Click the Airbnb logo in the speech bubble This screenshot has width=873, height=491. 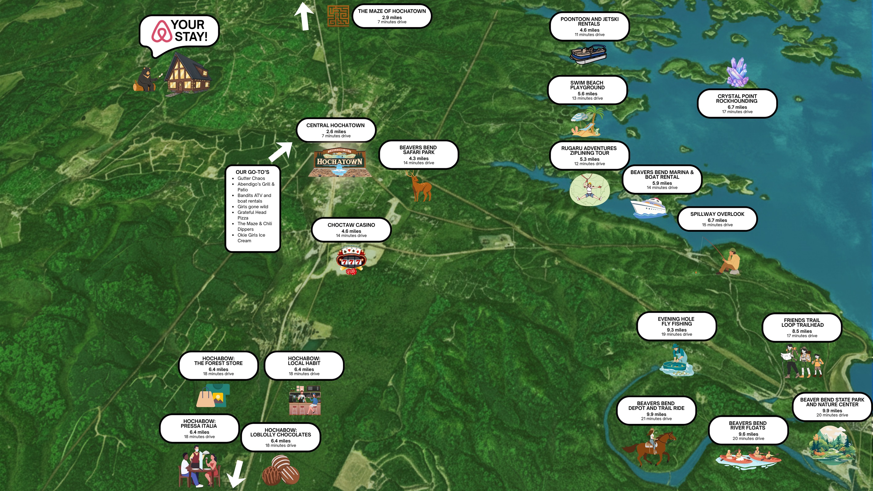pos(162,31)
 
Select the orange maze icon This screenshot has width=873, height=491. pos(338,16)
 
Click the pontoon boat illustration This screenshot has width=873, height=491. pos(588,54)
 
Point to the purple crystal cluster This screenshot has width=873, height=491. pos(737,72)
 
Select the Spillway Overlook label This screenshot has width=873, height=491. pos(717,219)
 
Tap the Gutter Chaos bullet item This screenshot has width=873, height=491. pos(251,178)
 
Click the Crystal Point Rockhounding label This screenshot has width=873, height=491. pos(737,103)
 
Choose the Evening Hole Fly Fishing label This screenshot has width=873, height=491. pos(676,326)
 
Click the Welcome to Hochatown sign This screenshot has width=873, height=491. pos(340,163)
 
